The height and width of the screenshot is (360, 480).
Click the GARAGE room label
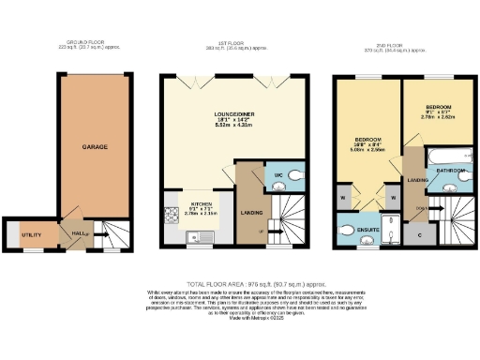[x=94, y=147]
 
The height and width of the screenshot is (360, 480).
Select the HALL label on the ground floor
[x=79, y=232]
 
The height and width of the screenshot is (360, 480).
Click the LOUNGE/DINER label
[x=236, y=119]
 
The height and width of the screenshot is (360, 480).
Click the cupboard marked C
[x=418, y=234]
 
